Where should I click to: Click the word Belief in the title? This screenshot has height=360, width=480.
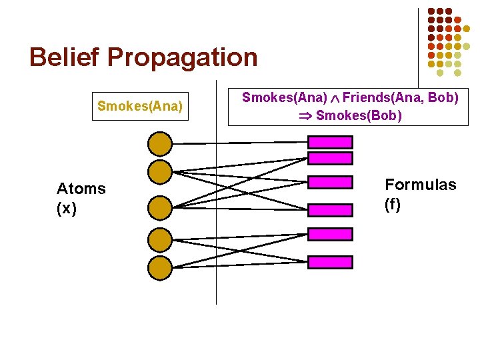pyautogui.click(x=64, y=57)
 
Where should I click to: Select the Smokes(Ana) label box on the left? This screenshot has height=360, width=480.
pyautogui.click(x=140, y=105)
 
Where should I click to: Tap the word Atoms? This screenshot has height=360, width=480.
pyautogui.click(x=81, y=189)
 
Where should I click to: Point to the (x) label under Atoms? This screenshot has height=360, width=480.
pyautogui.click(x=67, y=208)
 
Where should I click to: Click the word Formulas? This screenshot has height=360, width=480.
pyautogui.click(x=421, y=185)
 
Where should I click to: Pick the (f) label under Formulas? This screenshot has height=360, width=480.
pyautogui.click(x=393, y=204)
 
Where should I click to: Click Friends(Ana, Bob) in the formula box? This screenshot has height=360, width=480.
pyautogui.click(x=400, y=97)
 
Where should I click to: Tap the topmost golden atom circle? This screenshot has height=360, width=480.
pyautogui.click(x=159, y=143)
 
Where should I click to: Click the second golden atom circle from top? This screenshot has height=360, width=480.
pyautogui.click(x=159, y=172)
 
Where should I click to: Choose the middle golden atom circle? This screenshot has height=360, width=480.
pyautogui.click(x=159, y=207)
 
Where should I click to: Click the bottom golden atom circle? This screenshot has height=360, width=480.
pyautogui.click(x=159, y=267)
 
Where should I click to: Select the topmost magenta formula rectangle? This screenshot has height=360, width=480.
pyautogui.click(x=330, y=142)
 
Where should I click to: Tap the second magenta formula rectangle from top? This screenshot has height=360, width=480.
pyautogui.click(x=330, y=158)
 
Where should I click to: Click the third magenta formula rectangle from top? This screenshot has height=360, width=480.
pyautogui.click(x=330, y=183)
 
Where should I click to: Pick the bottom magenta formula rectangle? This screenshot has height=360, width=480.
pyautogui.click(x=330, y=262)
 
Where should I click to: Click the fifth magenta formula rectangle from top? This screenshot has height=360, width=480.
pyautogui.click(x=330, y=235)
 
